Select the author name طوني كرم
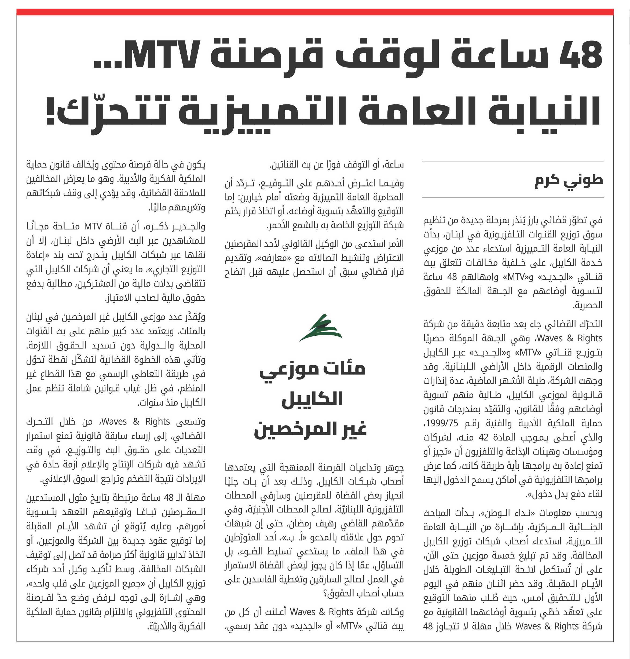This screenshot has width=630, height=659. (569, 180)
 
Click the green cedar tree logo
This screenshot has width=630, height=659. (320, 328)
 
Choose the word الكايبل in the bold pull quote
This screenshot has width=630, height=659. (312, 399)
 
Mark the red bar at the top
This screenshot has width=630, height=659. (315, 12)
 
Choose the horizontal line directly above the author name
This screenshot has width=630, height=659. (512, 161)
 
